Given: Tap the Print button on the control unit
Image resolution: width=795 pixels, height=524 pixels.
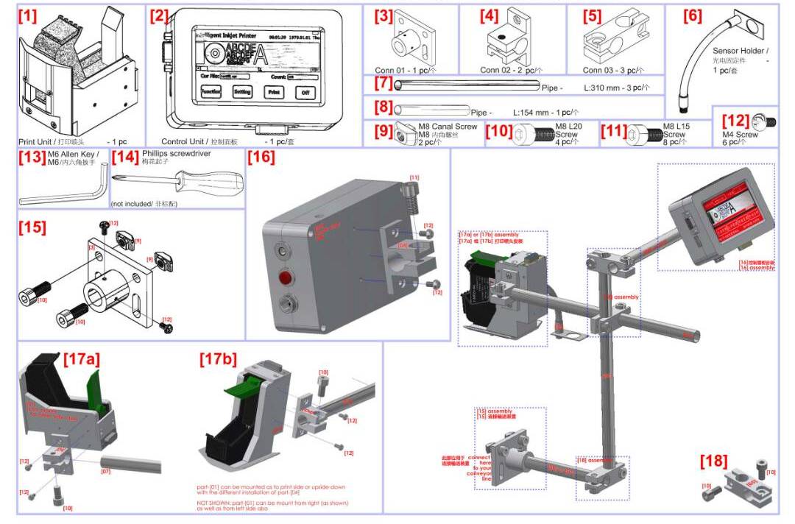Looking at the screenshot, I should [x=273, y=93].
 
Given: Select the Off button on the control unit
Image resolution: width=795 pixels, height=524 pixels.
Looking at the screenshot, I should [x=305, y=93].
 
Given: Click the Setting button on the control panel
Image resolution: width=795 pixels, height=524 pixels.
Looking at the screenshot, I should [x=242, y=93].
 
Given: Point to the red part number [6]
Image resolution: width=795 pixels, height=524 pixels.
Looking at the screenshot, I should [x=692, y=15].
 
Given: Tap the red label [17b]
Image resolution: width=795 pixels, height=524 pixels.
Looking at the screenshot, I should [x=219, y=359].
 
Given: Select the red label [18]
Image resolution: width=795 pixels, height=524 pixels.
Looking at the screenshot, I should [x=713, y=461].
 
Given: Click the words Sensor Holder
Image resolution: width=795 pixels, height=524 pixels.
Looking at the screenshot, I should [x=740, y=51].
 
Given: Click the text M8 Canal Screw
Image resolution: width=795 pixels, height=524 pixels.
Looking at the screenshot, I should [x=448, y=127].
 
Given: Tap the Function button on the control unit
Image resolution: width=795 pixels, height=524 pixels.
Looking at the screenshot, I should [x=211, y=93].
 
